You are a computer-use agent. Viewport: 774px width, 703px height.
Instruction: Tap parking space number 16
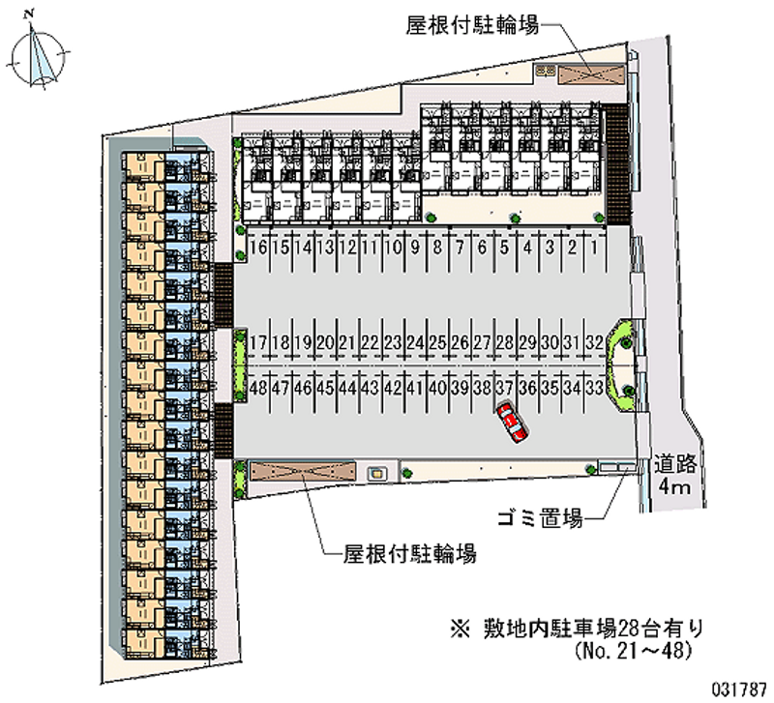tap(257, 248)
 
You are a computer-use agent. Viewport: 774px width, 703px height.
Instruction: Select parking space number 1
tap(595, 248)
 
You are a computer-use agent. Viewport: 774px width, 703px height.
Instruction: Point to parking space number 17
tap(257, 343)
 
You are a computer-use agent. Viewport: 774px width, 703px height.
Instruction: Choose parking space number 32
tap(595, 343)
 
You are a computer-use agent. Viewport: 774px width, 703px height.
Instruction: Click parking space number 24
tap(415, 343)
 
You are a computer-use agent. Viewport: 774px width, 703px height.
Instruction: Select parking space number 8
tap(437, 248)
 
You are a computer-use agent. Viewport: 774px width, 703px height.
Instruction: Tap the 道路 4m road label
tap(670, 474)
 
